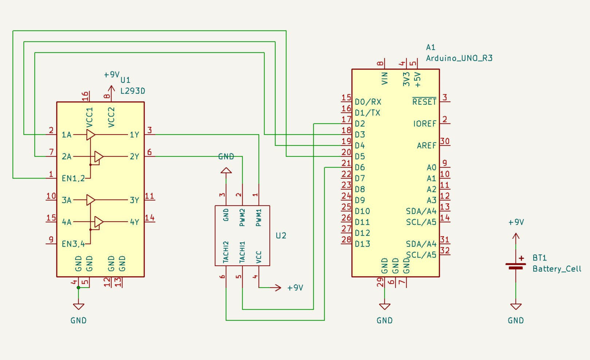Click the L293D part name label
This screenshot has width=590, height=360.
pos(133,91)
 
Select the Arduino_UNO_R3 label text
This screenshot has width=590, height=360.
pos(459,58)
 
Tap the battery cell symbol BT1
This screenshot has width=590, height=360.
pos(516,266)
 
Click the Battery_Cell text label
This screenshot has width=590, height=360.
pos(556,269)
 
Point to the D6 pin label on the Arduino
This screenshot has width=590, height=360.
pos(360,168)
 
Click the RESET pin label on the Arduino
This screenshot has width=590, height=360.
pos(424,102)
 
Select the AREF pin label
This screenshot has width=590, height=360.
pos(426,146)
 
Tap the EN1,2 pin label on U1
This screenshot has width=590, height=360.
pos(73,179)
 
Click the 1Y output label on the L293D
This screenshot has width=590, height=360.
pos(134,135)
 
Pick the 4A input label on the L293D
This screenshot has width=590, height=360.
pos(66,222)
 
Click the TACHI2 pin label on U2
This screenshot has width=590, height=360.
pos(226,252)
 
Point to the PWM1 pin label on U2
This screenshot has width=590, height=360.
pos(259,218)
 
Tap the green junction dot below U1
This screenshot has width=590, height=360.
pos(78,287)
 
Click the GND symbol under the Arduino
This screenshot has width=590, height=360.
pos(384,306)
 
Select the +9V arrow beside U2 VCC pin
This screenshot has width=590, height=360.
pos(278,287)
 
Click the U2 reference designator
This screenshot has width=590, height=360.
pos(281,236)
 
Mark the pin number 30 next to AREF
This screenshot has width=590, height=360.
pos(445,141)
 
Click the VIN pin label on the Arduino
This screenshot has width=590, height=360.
pos(384,78)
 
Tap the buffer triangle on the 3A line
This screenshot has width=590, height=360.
pos(90,200)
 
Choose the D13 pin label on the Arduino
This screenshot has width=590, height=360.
pos(362,244)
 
